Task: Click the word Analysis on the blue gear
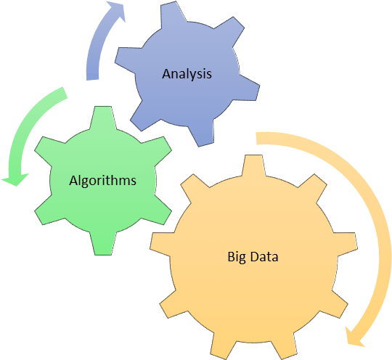pos(187,74)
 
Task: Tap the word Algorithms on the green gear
pos(103,181)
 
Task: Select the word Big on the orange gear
pos(235,257)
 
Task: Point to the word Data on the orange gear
pos(264,257)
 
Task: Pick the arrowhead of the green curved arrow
pos(15,179)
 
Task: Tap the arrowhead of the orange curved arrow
pos(354,336)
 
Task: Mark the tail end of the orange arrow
pos(256,138)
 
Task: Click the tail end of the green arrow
pos(65,92)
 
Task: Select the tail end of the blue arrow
pos(92,80)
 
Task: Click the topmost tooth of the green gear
pos(103,118)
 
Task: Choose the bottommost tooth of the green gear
pos(103,244)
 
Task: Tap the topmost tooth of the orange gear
pos(253,165)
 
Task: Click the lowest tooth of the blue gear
pos(202,133)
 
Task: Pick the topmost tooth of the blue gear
pos(173,15)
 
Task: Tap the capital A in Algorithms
pos(74,181)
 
